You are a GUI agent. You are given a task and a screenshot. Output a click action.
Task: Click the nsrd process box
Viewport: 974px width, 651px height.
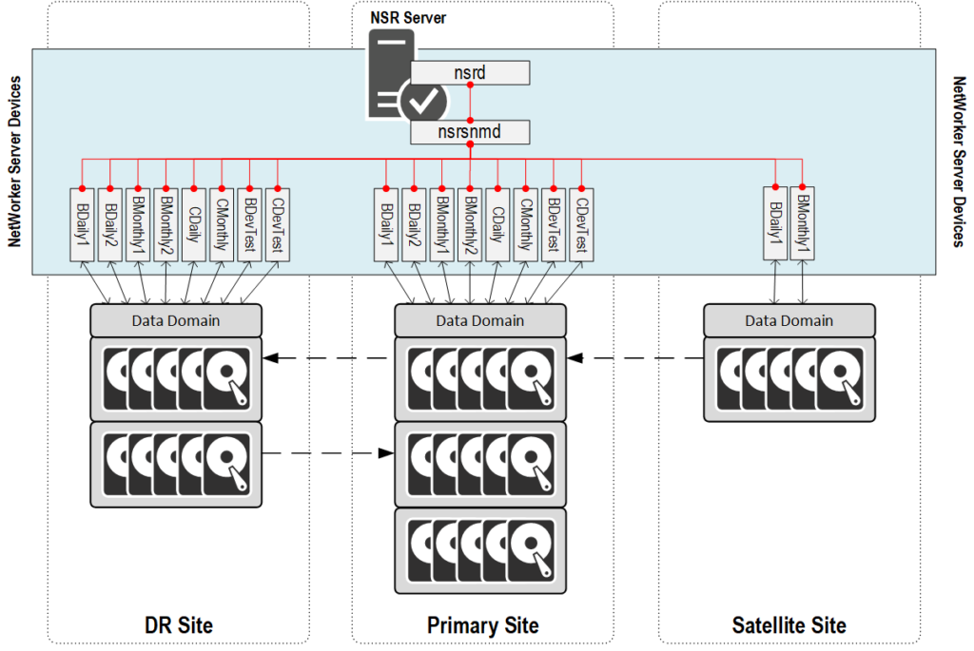point(470,72)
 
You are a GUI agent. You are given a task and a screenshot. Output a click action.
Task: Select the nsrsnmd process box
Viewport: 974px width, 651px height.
point(470,131)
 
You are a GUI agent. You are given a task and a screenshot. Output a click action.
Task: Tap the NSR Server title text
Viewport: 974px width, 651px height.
point(408,17)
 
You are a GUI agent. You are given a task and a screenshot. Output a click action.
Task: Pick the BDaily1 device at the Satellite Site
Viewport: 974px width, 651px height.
point(776,222)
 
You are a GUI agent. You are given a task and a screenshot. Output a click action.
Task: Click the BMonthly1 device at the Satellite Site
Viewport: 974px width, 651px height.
point(803,222)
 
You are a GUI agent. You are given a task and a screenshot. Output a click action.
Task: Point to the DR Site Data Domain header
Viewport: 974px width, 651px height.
point(175,320)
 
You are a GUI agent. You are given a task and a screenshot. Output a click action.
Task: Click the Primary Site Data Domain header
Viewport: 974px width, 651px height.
point(479,320)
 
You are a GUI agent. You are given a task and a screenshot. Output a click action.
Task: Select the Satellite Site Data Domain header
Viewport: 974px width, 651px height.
point(789,320)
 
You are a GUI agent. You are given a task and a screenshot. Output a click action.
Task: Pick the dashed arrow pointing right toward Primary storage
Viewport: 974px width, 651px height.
point(328,453)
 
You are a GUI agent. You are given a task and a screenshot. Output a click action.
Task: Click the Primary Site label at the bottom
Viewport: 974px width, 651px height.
point(482,624)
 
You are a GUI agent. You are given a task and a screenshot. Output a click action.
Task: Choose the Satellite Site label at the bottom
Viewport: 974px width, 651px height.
point(789,624)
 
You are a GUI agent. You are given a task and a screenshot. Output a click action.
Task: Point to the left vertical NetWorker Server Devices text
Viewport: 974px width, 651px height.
point(14,163)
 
